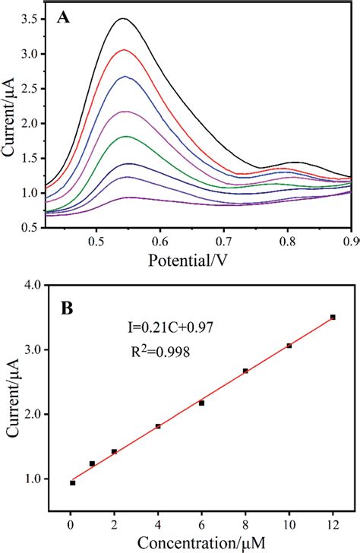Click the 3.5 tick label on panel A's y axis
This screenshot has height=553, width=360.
pyautogui.click(x=29, y=19)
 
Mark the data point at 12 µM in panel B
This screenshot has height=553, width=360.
pyautogui.click(x=333, y=317)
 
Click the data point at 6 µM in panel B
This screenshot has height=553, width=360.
pyautogui.click(x=202, y=403)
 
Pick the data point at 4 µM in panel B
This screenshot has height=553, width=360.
pyautogui.click(x=158, y=426)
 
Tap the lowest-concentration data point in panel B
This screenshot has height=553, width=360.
pyautogui.click(x=72, y=482)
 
